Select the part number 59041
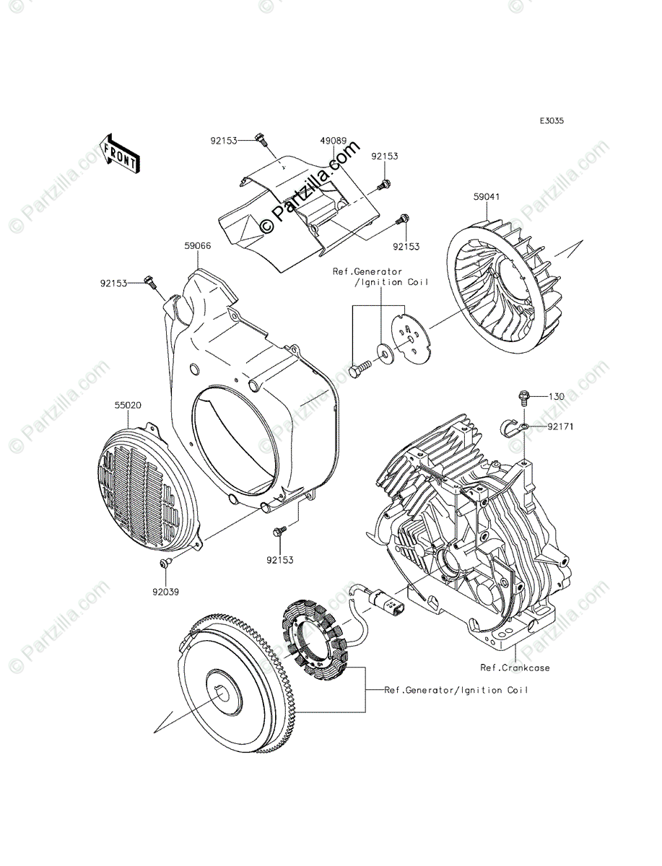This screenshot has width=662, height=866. coord(488,196)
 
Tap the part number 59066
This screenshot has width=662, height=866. coord(197,246)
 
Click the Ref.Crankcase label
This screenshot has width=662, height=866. coord(515,668)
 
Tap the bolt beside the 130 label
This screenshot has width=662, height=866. coord(524,396)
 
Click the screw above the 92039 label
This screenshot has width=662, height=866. coord(166,562)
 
